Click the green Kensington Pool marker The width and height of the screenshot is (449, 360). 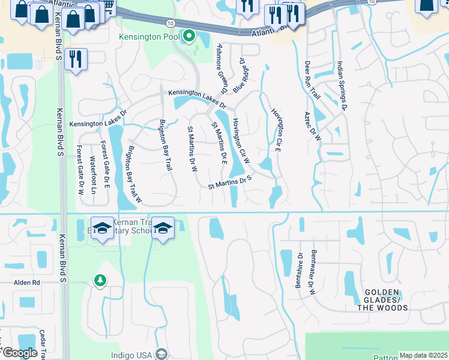(x=190, y=37)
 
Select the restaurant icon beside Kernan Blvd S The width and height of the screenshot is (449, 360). (x=76, y=59)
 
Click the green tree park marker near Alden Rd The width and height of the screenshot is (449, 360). (x=100, y=280)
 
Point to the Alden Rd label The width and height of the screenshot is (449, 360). (x=27, y=282)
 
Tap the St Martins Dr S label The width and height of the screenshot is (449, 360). (x=229, y=182)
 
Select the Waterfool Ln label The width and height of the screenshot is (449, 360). (x=92, y=171)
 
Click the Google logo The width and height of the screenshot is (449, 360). (x=19, y=353)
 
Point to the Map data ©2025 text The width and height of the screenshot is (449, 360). (x=423, y=355)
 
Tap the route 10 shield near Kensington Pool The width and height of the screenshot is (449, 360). (x=171, y=22)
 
